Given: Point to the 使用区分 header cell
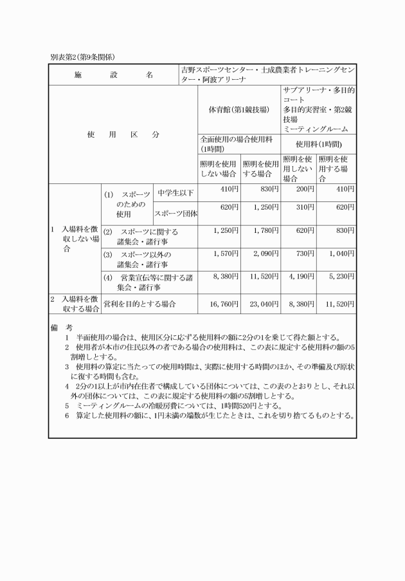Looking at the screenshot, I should click(123, 135).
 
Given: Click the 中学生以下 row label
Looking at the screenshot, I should click(175, 193).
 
